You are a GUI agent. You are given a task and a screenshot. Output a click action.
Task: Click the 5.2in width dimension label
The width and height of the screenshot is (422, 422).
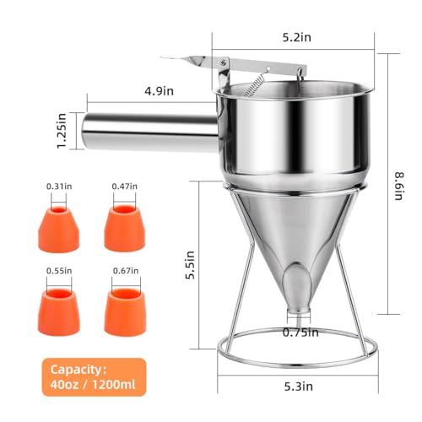pos(297,37)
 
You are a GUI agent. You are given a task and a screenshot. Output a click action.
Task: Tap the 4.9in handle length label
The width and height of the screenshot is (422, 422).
pos(160,91)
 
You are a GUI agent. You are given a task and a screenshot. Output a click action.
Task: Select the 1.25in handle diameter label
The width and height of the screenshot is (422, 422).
pos(62,131)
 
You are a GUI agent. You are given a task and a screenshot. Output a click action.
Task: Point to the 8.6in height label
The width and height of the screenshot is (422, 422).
pos(399,186)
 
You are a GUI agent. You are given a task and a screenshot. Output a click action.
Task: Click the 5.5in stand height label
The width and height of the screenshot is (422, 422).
pos(190,265)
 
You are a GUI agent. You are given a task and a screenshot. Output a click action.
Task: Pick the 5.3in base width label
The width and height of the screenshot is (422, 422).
pos(298,387)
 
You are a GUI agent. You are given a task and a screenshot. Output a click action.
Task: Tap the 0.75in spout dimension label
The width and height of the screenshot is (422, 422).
pos(300,333)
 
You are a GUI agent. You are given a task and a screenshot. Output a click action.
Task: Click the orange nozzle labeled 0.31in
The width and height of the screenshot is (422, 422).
pos(59,229)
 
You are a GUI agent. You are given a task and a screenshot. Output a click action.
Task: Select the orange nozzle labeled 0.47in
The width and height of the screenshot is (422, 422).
pos(125,228)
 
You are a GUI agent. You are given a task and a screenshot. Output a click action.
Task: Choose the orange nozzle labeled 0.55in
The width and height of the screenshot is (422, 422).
pos(59,312)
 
